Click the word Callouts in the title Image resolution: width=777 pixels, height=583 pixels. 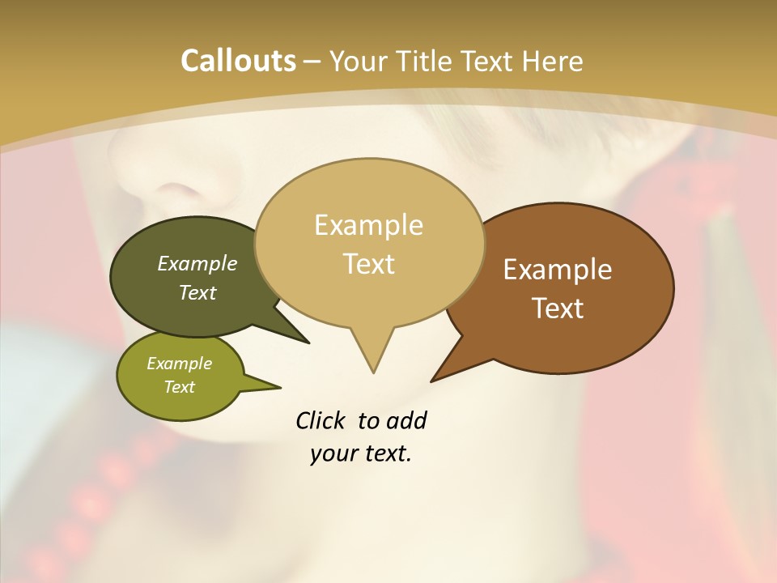(x=238, y=61)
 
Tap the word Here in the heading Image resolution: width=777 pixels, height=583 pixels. (x=554, y=61)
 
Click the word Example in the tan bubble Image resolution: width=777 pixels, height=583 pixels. (x=368, y=225)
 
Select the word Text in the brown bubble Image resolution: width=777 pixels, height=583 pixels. (x=558, y=309)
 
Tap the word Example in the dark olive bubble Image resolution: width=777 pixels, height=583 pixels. (x=197, y=263)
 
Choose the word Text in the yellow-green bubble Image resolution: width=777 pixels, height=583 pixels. (x=179, y=387)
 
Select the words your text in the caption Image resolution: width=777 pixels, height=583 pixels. (x=361, y=454)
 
